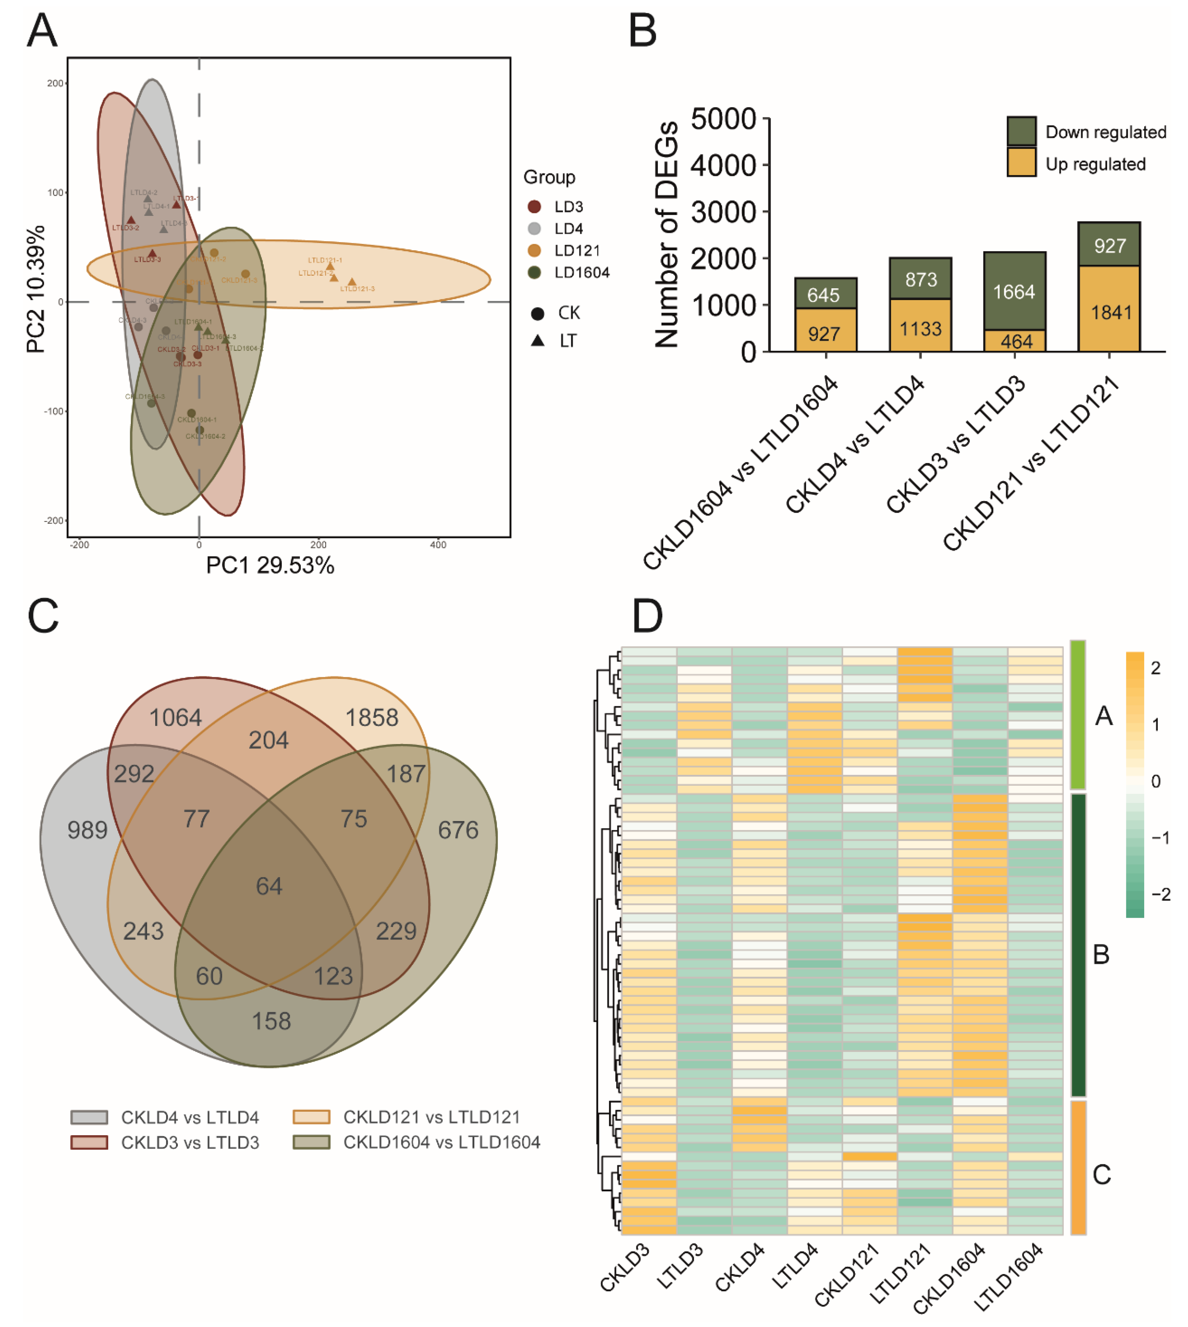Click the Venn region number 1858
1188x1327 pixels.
click(x=371, y=718)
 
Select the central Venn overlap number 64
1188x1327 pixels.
click(x=269, y=886)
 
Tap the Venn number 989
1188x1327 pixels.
click(x=88, y=830)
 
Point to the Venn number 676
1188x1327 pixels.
click(x=458, y=830)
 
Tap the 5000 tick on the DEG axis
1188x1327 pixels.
click(x=723, y=119)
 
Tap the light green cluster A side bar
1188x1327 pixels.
click(x=1078, y=715)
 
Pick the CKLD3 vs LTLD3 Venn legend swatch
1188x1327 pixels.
click(x=89, y=1142)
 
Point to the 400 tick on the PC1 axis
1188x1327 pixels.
click(x=438, y=545)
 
